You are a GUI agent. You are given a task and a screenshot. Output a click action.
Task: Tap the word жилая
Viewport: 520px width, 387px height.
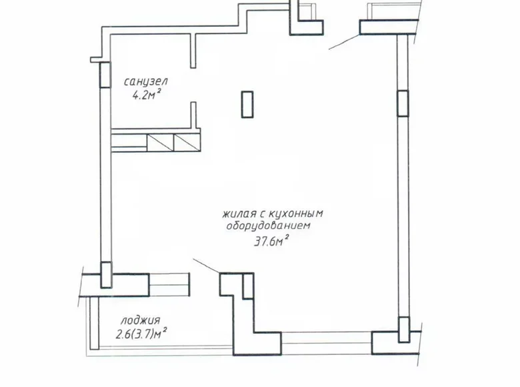click(x=237, y=214)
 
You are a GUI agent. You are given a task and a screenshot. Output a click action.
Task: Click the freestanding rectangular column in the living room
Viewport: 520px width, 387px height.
click(x=247, y=105)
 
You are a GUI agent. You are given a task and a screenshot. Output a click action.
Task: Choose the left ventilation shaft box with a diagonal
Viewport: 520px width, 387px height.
click(x=160, y=141)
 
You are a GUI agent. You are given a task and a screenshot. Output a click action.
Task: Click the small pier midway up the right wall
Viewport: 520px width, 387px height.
click(x=402, y=103)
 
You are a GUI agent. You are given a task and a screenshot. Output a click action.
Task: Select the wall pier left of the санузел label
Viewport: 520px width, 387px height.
click(x=105, y=74)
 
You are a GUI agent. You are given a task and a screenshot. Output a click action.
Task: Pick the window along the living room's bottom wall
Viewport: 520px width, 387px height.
click(x=323, y=338)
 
